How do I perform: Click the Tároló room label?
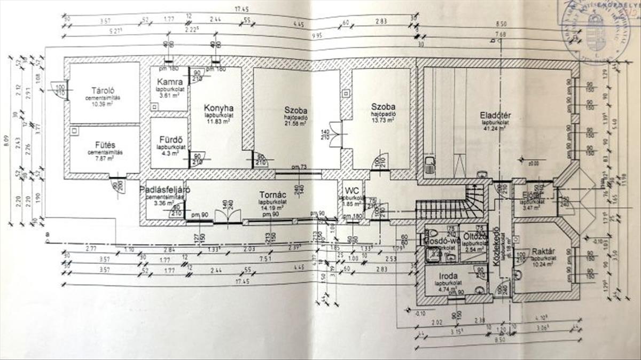[104, 90]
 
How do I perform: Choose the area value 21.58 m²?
[295, 123]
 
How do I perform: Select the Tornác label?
[271, 195]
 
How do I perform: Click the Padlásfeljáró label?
[162, 190]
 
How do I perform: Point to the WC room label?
[351, 190]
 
